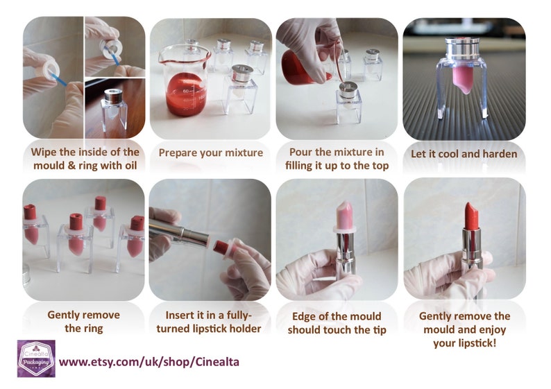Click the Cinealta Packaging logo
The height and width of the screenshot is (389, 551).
click(x=35, y=359)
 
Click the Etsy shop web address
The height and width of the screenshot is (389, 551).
click(x=149, y=361)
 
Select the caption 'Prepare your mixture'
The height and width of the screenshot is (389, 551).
click(x=210, y=153)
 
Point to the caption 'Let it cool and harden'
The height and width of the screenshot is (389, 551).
click(x=464, y=153)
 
